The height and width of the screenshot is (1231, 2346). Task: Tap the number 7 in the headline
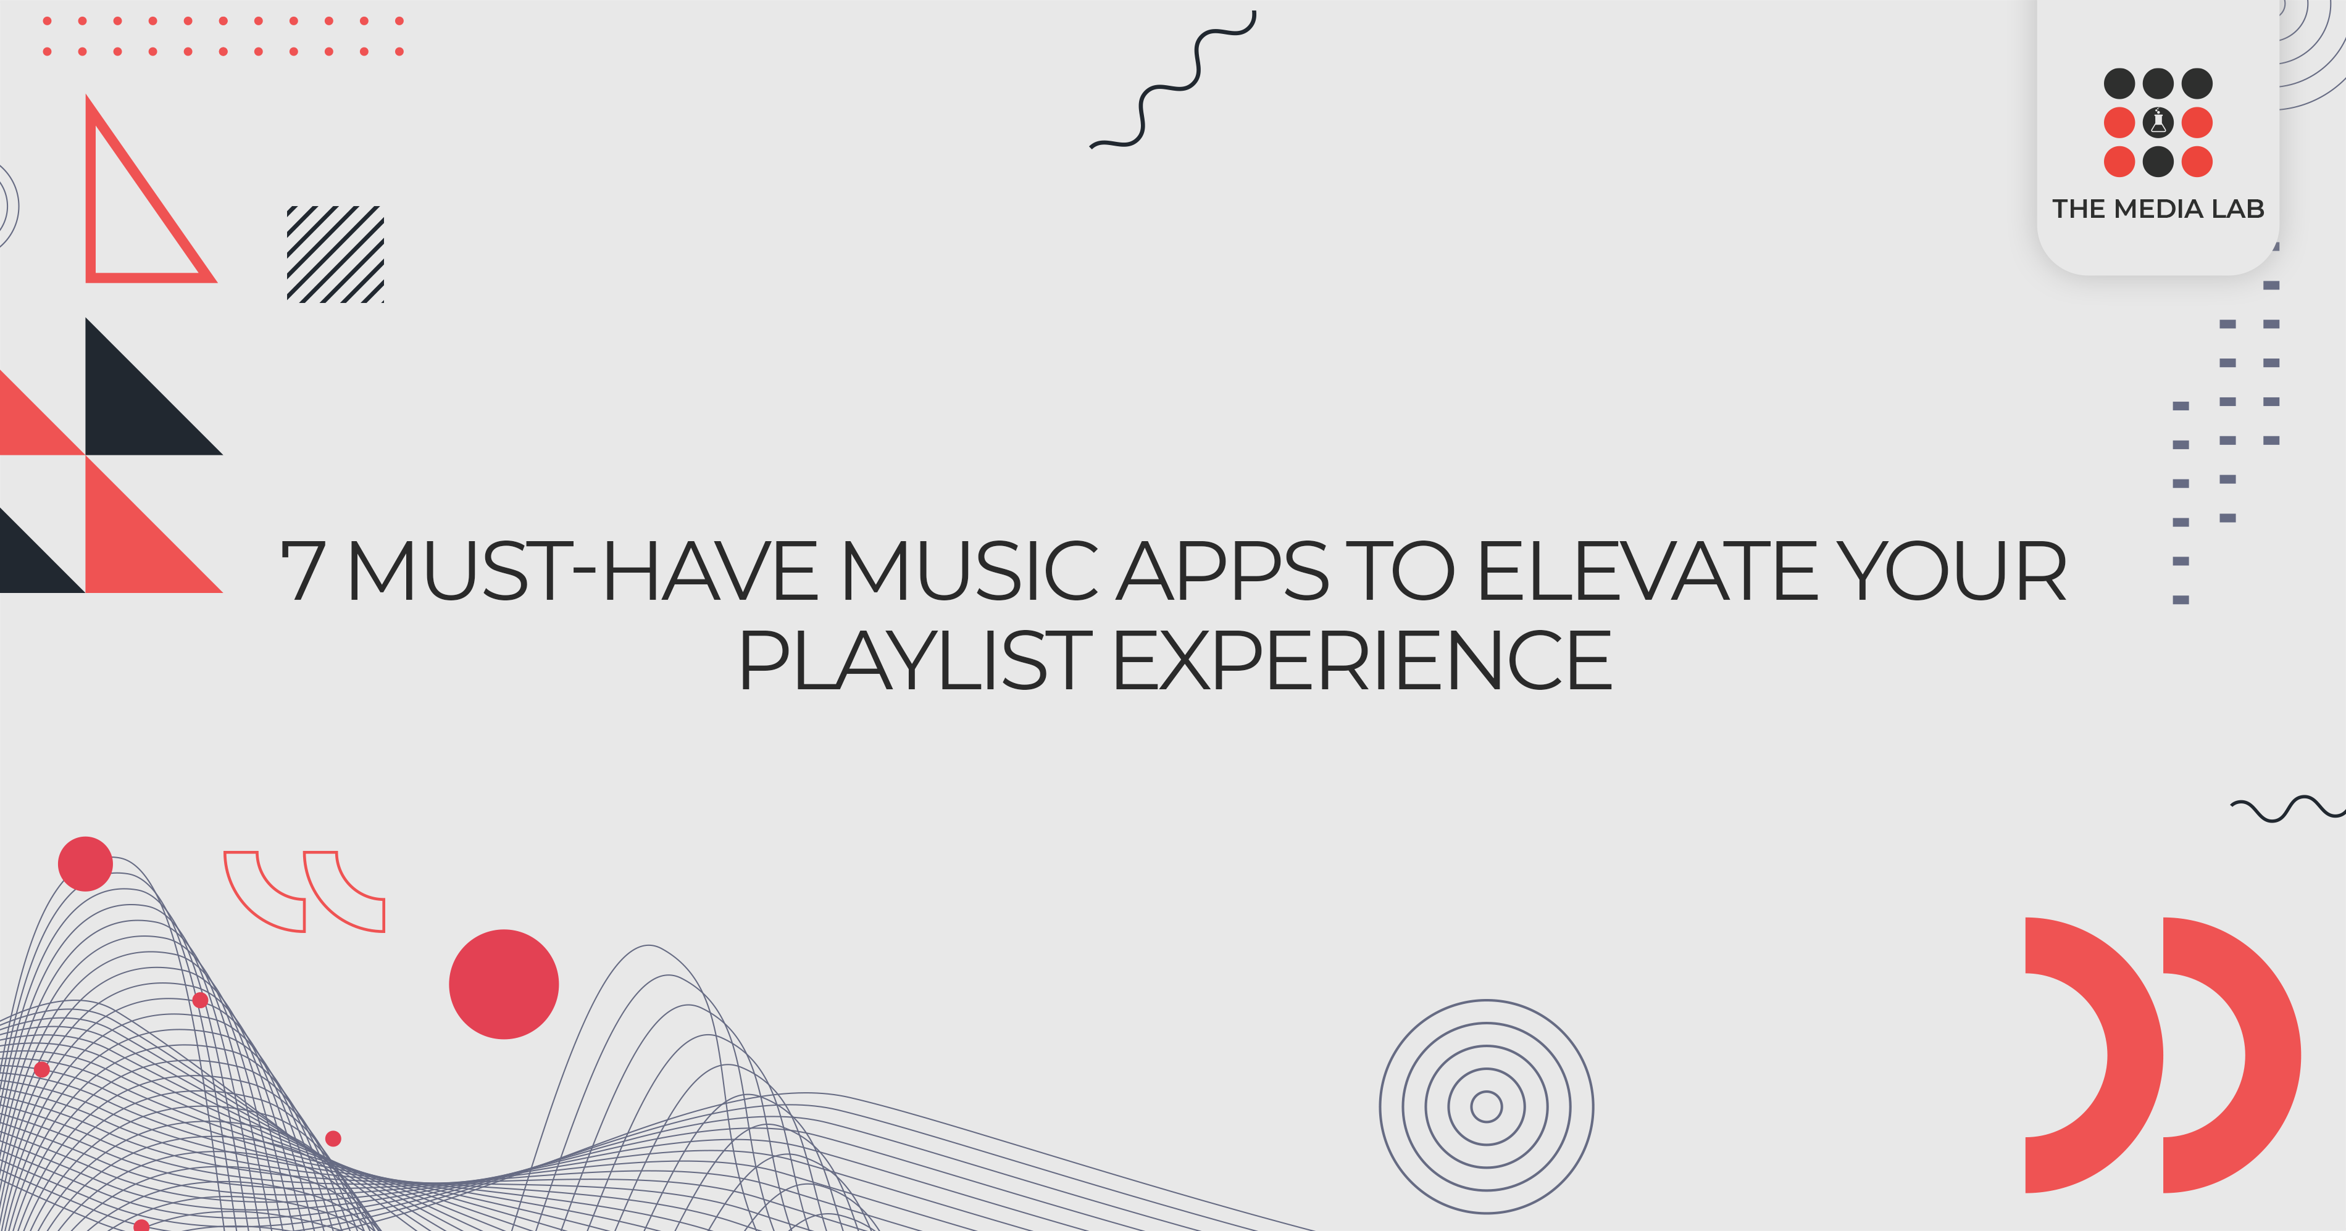303,572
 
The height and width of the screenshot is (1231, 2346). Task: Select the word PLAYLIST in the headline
914,661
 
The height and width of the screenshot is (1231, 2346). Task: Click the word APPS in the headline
1223,572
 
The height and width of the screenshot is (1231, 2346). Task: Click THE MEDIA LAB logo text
2158,209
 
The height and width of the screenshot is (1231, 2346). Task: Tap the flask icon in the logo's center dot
2158,122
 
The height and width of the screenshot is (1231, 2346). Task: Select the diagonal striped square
335,254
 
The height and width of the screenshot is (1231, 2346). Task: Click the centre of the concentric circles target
1486,1106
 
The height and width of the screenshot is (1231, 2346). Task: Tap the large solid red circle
504,984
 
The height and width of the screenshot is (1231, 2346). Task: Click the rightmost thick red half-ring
2258,1055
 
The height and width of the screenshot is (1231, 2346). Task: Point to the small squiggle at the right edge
2286,808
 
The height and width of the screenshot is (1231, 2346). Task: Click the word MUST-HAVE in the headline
583,572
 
